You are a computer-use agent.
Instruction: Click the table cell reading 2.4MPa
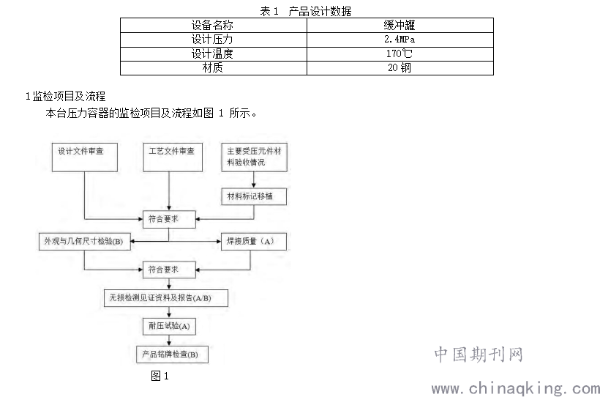point(400,40)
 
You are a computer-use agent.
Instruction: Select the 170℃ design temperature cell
point(400,54)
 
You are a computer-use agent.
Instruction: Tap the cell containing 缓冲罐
point(400,26)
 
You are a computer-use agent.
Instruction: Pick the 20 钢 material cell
point(400,68)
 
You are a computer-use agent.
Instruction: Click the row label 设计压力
point(212,40)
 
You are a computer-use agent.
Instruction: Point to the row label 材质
point(212,68)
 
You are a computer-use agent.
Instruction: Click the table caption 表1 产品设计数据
point(305,11)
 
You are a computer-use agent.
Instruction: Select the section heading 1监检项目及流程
point(65,96)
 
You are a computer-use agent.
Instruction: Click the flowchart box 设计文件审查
point(85,157)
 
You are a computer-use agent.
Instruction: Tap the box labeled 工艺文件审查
point(173,157)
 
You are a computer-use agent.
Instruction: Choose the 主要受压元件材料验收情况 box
point(254,157)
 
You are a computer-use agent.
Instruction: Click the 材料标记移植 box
point(254,196)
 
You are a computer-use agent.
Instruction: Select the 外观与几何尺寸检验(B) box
point(85,242)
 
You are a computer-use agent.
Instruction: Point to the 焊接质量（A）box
point(254,242)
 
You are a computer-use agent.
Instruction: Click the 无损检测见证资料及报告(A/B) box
point(166,298)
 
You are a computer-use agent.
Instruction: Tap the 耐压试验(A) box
point(169,327)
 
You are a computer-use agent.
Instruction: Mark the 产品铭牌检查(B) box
point(172,355)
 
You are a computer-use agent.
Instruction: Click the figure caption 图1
point(160,376)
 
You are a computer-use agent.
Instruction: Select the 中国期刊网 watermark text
point(479,355)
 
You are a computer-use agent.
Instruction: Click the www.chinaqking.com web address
point(516,388)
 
